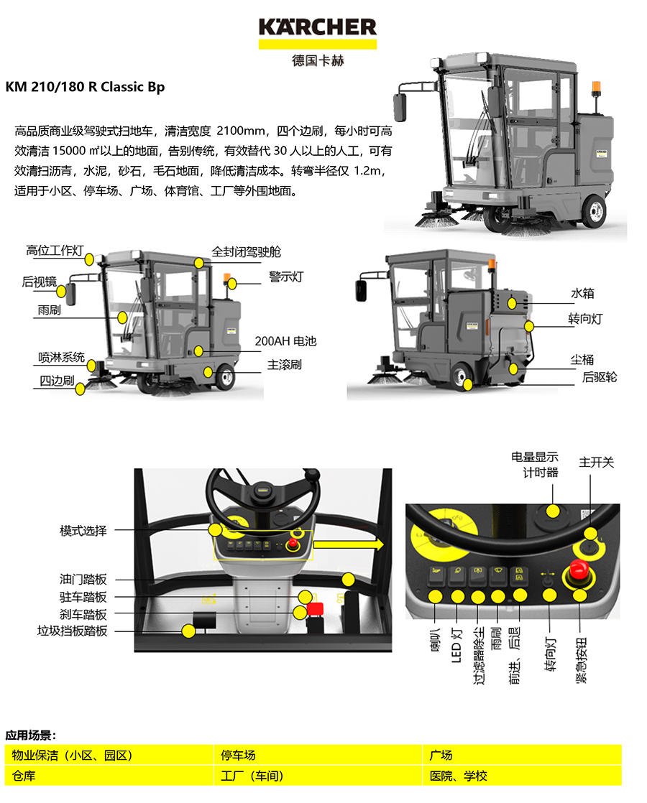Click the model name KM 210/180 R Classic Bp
85,87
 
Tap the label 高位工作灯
55,251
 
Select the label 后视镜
39,282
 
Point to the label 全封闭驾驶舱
246,252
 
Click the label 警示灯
286,277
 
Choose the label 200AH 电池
285,341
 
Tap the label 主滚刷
285,365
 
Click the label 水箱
582,293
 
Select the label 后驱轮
600,377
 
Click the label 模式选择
83,531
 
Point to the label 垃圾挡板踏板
73,631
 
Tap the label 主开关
596,463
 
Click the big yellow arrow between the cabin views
349,544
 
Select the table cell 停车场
239,756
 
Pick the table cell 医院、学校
459,776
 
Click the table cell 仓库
24,776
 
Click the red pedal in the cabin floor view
315,609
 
